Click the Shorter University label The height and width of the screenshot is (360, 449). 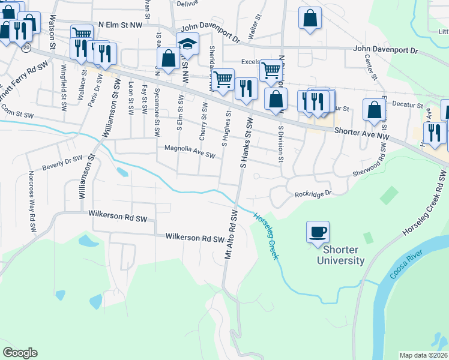coord(343,255)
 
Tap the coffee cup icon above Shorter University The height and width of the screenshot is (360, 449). coord(318,232)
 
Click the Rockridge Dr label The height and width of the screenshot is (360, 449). coord(313,194)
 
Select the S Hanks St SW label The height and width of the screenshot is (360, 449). coord(244,143)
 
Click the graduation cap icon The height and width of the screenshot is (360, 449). coord(187,44)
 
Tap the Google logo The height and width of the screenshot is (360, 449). coord(20,353)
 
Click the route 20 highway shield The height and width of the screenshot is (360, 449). coord(25,47)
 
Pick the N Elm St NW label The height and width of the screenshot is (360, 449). coord(124,25)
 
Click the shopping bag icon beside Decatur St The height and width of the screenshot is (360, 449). coord(374,111)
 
